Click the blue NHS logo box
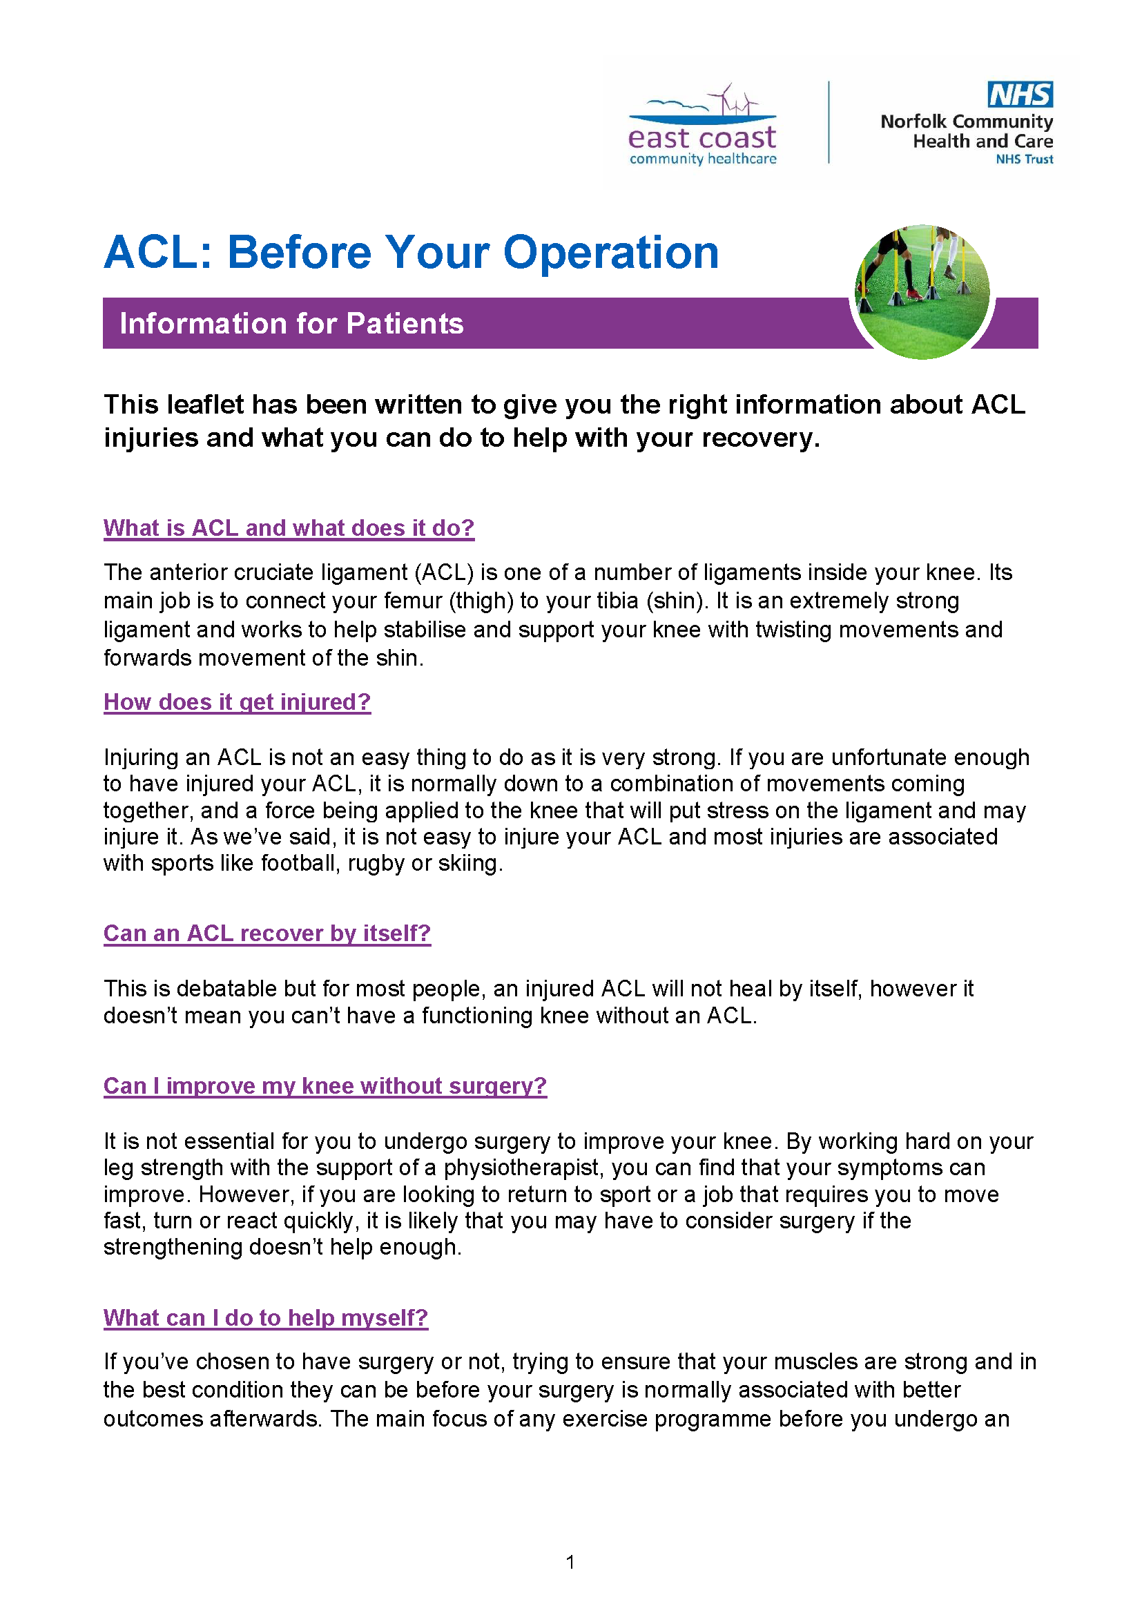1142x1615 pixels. (1020, 95)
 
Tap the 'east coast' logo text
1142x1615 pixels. (701, 137)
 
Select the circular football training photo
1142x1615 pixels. (922, 292)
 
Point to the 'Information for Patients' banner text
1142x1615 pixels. (291, 324)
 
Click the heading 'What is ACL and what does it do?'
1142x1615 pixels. (289, 528)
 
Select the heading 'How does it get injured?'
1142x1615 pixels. (237, 702)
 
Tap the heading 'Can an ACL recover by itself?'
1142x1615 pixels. (267, 934)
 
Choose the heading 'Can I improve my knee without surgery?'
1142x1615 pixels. (325, 1086)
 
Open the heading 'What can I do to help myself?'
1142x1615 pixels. (266, 1317)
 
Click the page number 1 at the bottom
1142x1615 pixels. (570, 1562)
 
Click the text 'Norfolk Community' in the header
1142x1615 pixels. (966, 122)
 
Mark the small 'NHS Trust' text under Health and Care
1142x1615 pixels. (1024, 159)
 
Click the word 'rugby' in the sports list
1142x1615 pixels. (376, 863)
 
